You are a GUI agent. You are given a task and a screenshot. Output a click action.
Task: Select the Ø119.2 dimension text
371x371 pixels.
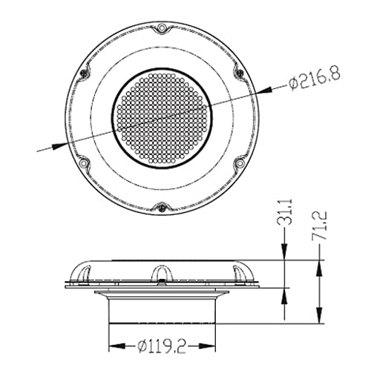162,346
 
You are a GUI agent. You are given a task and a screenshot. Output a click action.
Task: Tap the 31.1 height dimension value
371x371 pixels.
288,211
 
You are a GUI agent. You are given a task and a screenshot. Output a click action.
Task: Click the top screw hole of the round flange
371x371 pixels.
162,27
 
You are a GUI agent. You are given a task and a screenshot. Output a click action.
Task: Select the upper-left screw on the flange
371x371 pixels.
84,73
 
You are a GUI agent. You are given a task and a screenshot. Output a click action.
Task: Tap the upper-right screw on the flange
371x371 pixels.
240,73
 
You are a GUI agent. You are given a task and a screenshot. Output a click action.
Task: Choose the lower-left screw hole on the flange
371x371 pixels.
83,163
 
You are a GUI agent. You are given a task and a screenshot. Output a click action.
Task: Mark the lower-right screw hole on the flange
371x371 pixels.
240,162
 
